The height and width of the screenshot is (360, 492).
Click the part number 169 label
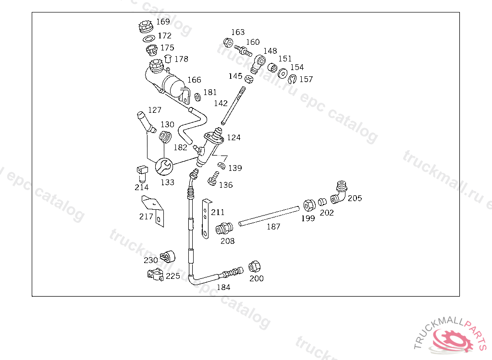163,22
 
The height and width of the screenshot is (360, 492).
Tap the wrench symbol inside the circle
164,166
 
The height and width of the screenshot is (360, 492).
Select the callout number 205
355,198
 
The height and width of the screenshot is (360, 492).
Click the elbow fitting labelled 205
340,192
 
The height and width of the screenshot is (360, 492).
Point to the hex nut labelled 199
309,205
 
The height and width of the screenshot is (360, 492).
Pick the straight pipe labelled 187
269,216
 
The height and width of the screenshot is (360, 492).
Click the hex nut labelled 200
254,267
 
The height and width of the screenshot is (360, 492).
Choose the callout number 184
223,287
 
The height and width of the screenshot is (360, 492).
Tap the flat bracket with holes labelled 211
206,218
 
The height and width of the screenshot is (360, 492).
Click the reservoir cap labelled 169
145,27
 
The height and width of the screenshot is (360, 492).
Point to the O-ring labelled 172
149,38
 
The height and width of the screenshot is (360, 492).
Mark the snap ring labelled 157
293,79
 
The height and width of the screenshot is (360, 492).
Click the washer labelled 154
283,73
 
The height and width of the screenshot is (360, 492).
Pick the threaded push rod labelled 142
233,106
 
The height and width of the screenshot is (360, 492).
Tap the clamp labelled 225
156,275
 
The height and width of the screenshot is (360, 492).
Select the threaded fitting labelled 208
224,228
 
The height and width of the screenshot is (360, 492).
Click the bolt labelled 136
213,179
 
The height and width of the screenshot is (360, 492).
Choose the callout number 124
234,137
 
